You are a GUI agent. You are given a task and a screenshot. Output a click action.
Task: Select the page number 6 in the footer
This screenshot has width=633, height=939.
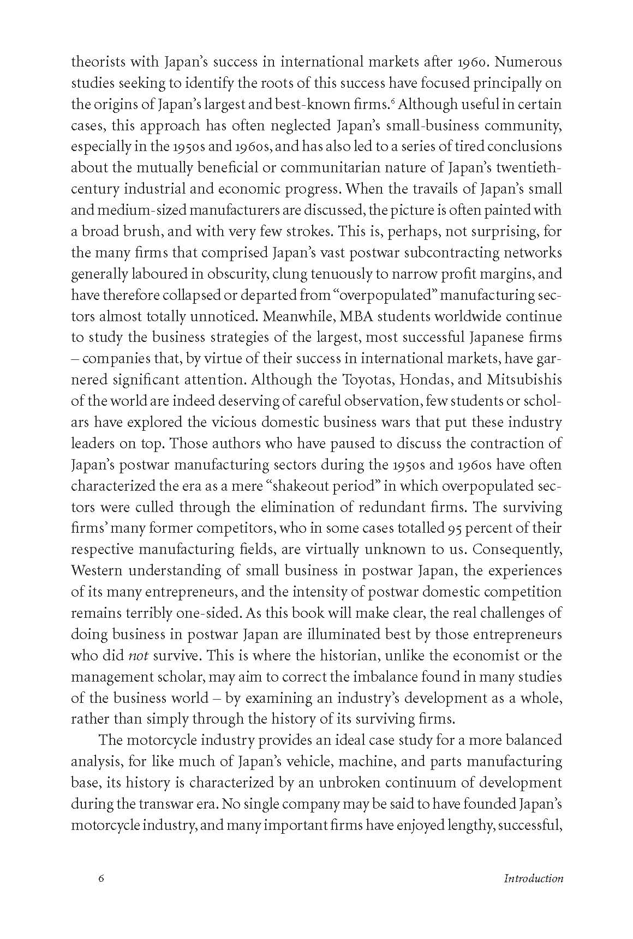[100, 878]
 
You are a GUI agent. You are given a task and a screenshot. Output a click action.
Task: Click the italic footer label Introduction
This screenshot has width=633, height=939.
[533, 878]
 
